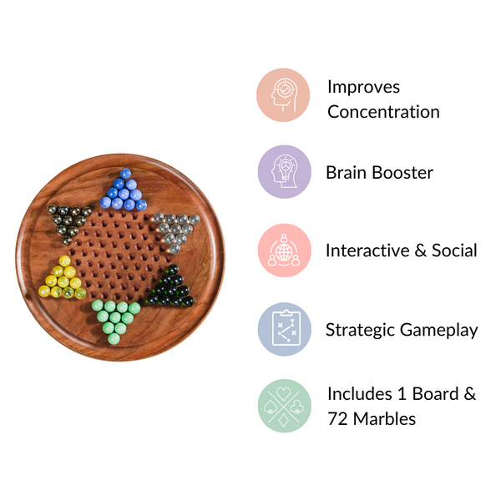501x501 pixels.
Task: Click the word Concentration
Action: (x=383, y=112)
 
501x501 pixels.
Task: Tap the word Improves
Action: (x=363, y=87)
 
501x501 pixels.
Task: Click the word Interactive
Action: (x=367, y=250)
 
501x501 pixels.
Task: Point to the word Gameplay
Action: (x=438, y=330)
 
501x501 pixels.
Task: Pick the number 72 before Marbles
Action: (x=337, y=419)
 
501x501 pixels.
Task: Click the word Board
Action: (x=436, y=393)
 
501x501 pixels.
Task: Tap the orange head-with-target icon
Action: (x=283, y=95)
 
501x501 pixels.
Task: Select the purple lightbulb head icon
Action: (x=285, y=172)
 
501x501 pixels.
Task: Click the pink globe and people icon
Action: (x=285, y=250)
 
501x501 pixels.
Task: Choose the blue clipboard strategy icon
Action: (x=285, y=329)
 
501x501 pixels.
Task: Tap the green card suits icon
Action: (x=285, y=406)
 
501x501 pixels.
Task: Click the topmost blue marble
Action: (x=125, y=174)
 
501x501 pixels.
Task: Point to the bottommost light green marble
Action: (x=114, y=339)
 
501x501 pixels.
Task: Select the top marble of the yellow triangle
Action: (x=64, y=261)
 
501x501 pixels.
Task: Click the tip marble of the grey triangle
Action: (x=175, y=248)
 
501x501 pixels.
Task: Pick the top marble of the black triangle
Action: (x=173, y=270)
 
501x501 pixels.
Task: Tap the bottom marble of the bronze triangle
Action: (x=67, y=240)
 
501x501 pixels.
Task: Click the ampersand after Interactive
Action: (x=421, y=250)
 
